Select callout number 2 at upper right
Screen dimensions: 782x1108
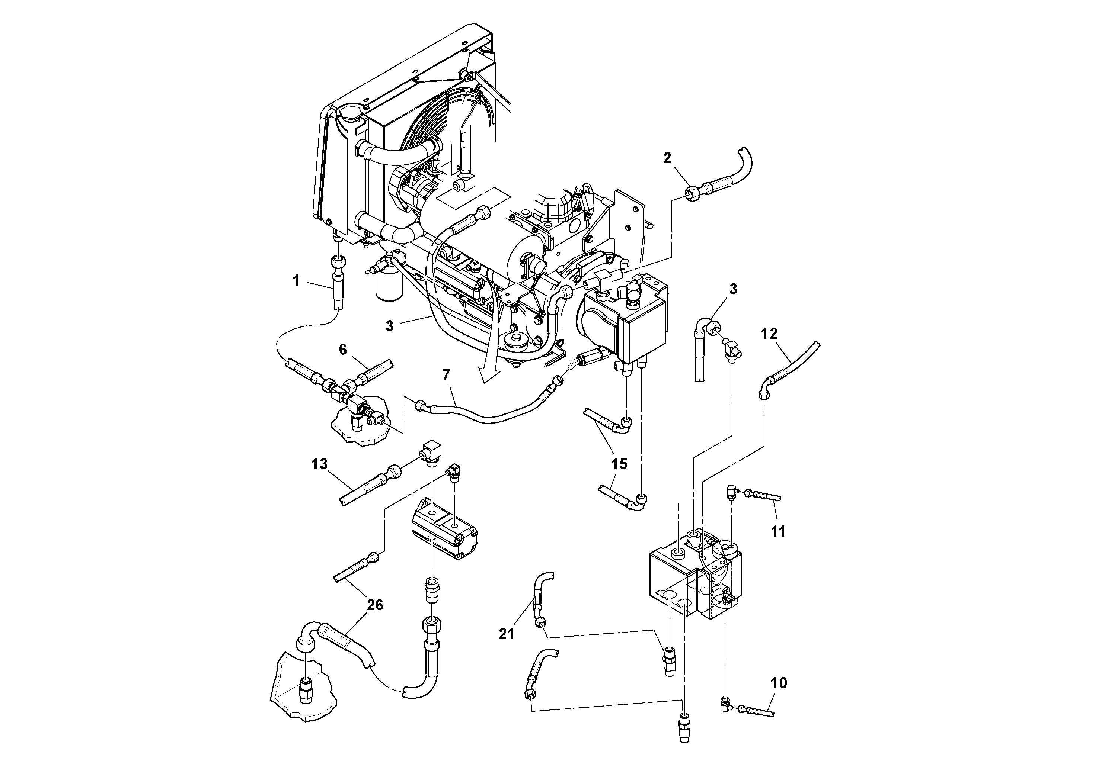click(x=667, y=158)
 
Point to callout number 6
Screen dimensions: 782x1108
click(x=343, y=350)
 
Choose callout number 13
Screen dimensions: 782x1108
click(x=319, y=464)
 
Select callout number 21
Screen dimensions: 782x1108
click(x=506, y=634)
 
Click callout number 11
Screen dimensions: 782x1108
click(x=778, y=531)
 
